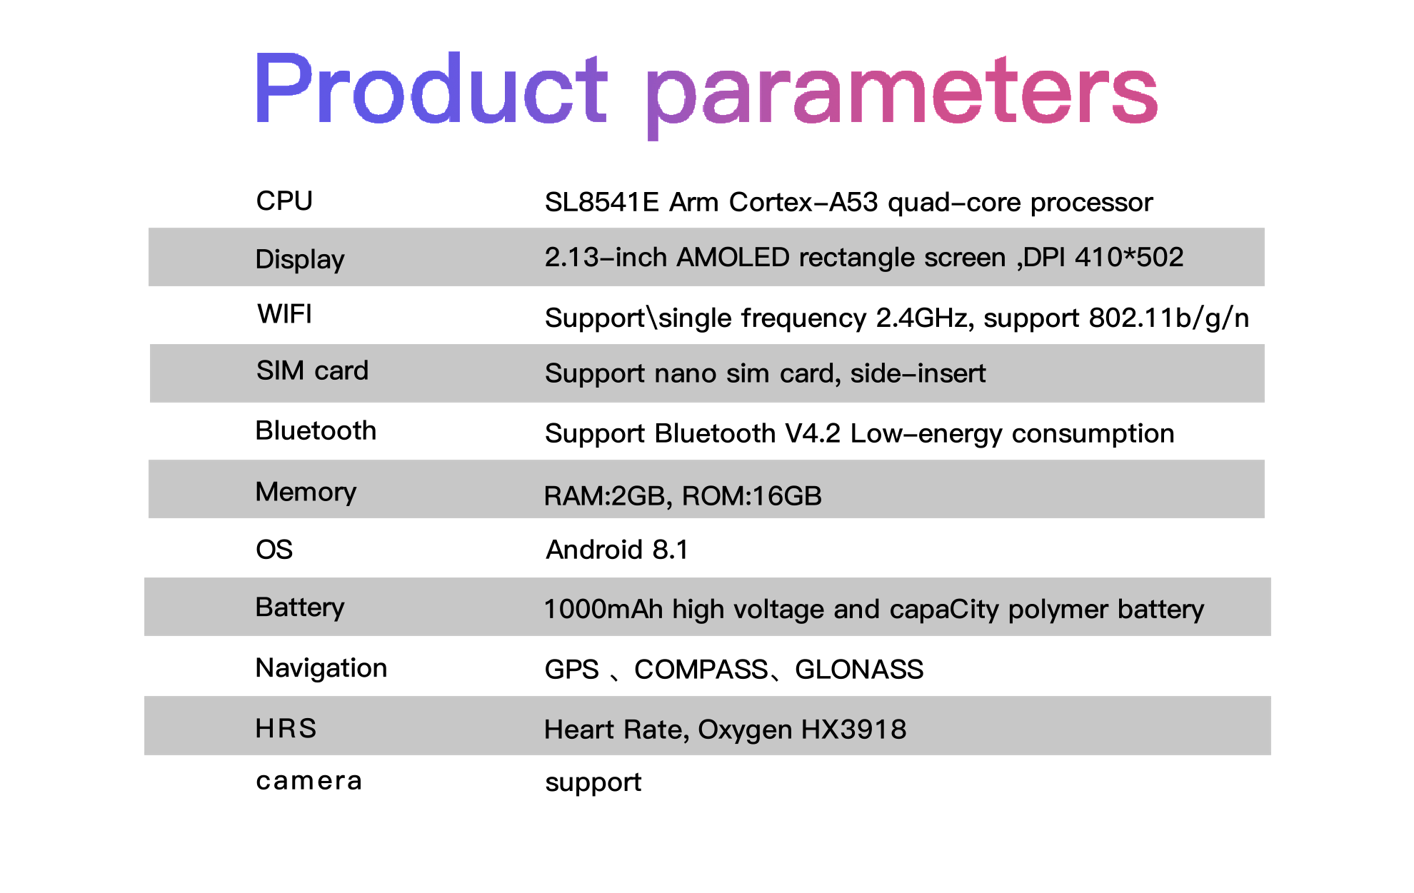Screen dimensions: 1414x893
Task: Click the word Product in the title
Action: (431, 89)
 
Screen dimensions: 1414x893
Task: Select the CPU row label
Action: (284, 201)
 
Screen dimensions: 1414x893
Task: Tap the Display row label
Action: (300, 259)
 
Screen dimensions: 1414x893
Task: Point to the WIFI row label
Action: (285, 314)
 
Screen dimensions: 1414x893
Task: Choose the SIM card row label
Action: (312, 370)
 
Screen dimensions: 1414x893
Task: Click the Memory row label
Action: (306, 492)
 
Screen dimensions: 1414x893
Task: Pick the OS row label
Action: (274, 549)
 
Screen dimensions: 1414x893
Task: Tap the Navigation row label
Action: (321, 668)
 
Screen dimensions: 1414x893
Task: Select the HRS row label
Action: (286, 728)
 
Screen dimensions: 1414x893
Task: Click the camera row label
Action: (309, 781)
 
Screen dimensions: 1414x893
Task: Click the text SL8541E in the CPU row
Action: (601, 202)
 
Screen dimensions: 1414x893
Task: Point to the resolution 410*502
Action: (1129, 257)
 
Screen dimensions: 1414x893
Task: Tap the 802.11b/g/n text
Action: (1169, 318)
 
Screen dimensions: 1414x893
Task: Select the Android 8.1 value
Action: (617, 550)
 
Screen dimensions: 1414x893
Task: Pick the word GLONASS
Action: (859, 670)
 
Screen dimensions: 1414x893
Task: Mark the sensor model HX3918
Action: (853, 730)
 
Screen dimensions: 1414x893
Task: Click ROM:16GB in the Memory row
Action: (752, 496)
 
